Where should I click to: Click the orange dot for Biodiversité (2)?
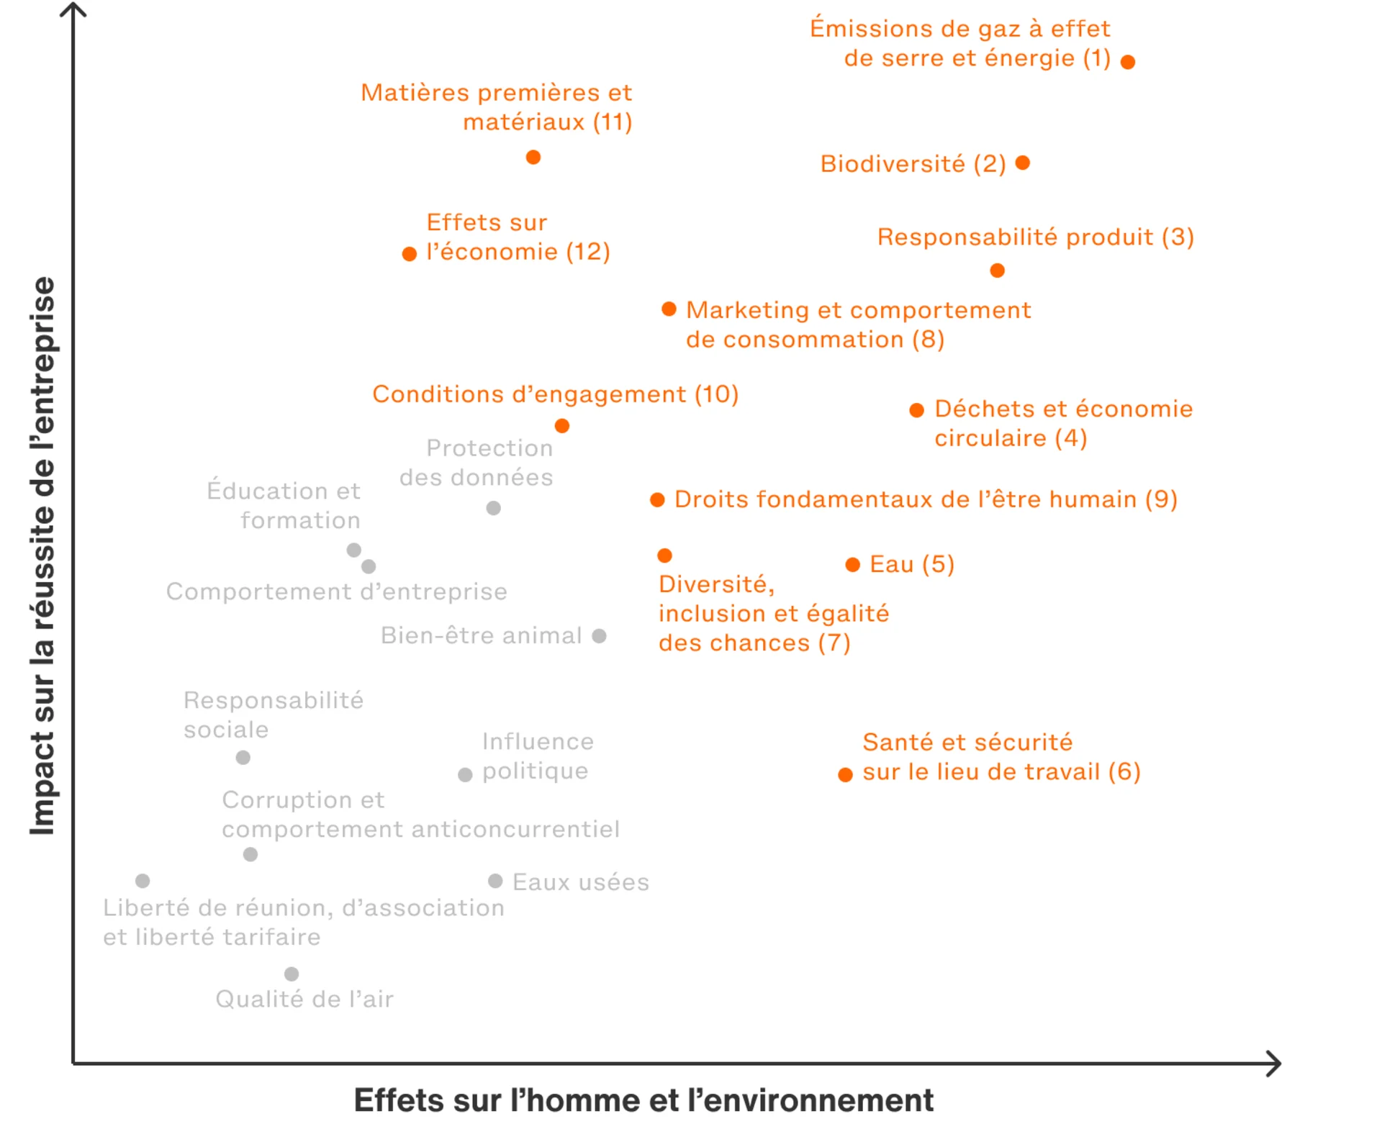pos(1022,163)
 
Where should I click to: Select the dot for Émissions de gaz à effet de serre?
pos(1128,62)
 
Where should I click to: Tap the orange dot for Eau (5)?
pos(852,564)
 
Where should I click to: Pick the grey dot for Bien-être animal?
pos(599,635)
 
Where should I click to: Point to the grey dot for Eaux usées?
pos(495,881)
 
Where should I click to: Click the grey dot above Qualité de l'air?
pos(292,974)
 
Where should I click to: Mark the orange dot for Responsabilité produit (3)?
pos(997,271)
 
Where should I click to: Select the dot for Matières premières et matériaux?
pos(533,157)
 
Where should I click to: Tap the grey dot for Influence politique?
pos(465,774)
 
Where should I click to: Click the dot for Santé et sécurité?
pos(846,774)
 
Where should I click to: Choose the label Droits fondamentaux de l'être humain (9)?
pos(926,499)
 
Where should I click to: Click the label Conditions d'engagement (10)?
pos(555,394)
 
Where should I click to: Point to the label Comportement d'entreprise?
pos(336,592)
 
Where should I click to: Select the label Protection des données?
pos(477,463)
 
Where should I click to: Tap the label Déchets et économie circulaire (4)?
pos(1063,423)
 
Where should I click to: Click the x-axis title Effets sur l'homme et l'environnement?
pos(643,1100)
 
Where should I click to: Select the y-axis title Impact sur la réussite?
pos(42,556)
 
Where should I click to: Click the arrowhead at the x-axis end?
pos(1275,1064)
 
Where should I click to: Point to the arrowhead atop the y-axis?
pos(73,9)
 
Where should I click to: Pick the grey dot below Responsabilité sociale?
pos(243,757)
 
